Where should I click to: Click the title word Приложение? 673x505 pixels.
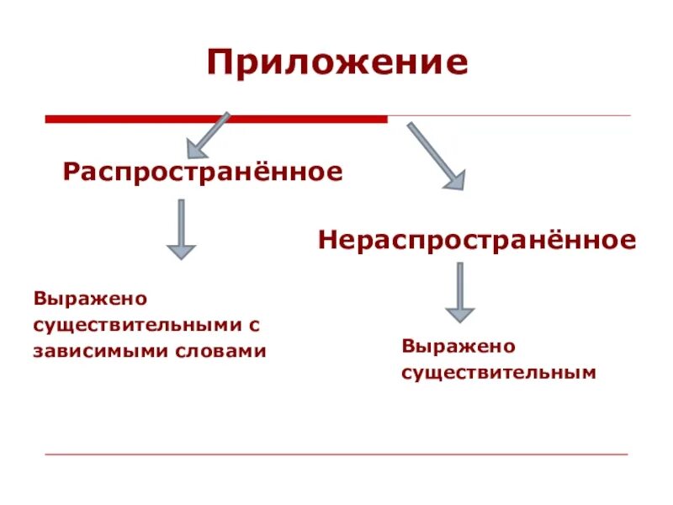pyautogui.click(x=337, y=64)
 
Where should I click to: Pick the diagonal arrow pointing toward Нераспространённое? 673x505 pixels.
pyautogui.click(x=435, y=155)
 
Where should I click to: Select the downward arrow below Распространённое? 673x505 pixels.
pyautogui.click(x=181, y=228)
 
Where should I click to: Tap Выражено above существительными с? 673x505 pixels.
pyautogui.click(x=91, y=299)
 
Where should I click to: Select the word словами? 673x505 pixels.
pyautogui.click(x=225, y=350)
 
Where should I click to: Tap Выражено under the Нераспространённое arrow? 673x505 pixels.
pyautogui.click(x=458, y=346)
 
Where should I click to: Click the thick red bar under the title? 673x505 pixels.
pyautogui.click(x=215, y=120)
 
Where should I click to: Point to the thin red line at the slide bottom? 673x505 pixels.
pyautogui.click(x=336, y=454)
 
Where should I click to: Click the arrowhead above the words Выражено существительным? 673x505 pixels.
pyautogui.click(x=459, y=314)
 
